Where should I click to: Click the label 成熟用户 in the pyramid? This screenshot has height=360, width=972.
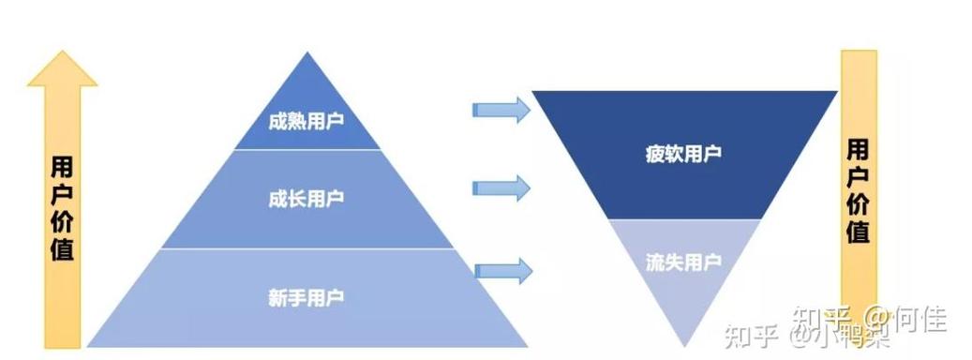306,123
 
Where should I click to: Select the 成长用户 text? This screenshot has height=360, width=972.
306,199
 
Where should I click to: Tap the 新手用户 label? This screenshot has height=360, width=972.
306,298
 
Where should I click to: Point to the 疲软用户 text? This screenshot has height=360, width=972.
683,153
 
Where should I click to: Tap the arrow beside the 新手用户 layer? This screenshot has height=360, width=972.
502,271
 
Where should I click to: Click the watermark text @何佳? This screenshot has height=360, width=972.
905,316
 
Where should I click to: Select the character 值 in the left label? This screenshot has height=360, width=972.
62,250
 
